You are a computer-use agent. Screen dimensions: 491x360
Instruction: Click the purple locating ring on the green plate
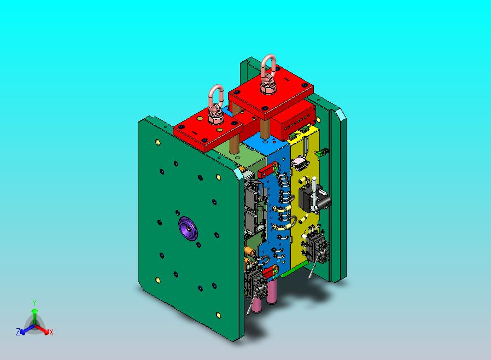[x=188, y=229]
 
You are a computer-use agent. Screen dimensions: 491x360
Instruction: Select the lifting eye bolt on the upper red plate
[x=268, y=74]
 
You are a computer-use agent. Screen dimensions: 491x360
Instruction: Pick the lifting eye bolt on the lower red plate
[x=216, y=104]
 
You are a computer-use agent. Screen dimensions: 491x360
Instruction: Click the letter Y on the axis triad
[x=34, y=303]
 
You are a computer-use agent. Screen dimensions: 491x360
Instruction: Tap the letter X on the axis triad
[x=51, y=332]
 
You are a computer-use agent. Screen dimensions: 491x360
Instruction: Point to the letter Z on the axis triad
[x=18, y=332]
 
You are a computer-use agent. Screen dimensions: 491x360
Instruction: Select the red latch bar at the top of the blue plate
[x=268, y=169]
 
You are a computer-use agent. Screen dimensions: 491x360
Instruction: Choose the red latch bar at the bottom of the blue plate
[x=270, y=272]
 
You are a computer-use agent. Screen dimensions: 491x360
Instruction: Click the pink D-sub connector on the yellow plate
[x=300, y=163]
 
